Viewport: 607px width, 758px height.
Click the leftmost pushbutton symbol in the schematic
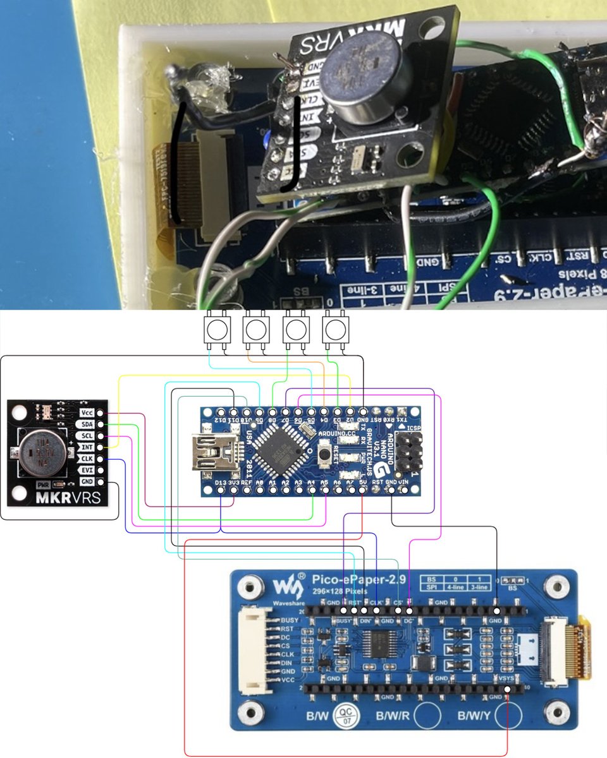point(215,329)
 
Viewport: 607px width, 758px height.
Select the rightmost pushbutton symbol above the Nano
point(335,329)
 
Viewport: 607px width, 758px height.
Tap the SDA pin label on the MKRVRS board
point(87,424)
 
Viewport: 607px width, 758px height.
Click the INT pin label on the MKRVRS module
point(87,447)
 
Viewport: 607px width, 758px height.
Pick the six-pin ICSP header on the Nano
point(410,452)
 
